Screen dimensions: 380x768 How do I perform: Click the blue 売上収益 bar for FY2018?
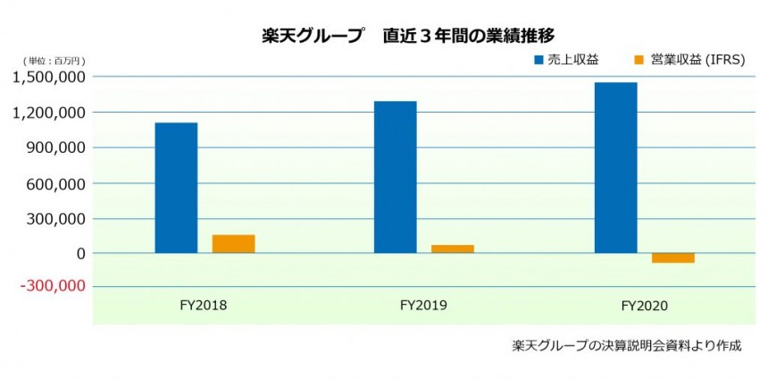[x=176, y=188]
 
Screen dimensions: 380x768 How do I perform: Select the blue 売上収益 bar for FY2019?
[x=395, y=177]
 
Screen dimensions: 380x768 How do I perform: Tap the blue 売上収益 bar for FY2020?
[x=615, y=167]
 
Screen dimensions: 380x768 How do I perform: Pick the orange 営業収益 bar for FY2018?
[x=233, y=243]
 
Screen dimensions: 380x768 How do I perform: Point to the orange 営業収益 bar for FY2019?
[x=452, y=249]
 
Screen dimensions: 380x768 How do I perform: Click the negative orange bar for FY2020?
[x=673, y=258]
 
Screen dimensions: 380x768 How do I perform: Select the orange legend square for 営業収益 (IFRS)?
[x=638, y=60]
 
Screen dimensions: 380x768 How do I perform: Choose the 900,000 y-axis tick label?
[x=55, y=148]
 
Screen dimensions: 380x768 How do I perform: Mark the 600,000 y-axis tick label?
[x=55, y=183]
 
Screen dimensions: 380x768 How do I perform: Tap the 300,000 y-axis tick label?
[x=55, y=218]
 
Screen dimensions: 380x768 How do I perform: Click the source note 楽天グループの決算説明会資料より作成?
[x=627, y=345]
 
